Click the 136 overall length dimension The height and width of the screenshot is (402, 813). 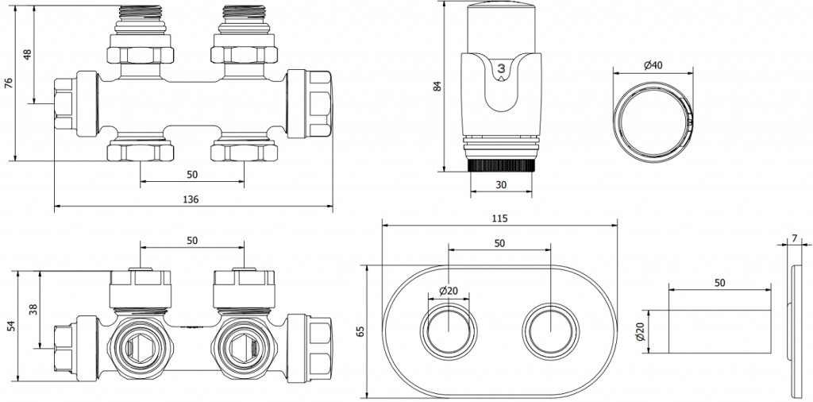click(191, 199)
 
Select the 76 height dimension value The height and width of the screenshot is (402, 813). click(9, 83)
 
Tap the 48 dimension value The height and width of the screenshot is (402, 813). click(27, 56)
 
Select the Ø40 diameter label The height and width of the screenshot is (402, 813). click(653, 64)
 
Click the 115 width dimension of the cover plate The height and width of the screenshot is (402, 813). click(499, 218)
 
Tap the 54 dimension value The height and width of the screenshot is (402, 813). click(10, 325)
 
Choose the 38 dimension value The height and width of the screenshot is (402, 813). click(32, 309)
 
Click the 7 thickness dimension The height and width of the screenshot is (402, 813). click(795, 238)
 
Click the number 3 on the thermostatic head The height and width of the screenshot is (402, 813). click(502, 70)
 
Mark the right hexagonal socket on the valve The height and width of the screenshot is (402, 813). click(241, 346)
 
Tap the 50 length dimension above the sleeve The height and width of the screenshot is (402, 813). click(719, 283)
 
